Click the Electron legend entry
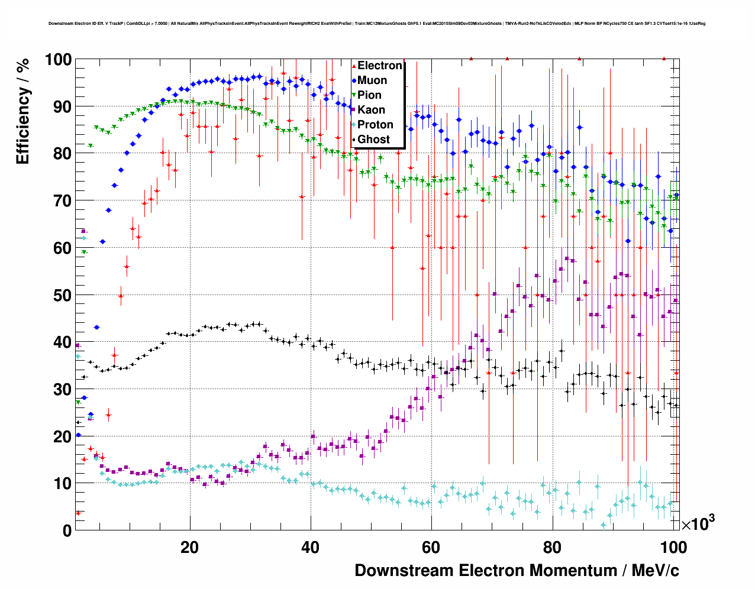[379, 66]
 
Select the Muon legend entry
[372, 80]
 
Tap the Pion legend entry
[369, 95]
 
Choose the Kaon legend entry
[371, 110]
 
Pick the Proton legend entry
[375, 125]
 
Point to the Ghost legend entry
[373, 140]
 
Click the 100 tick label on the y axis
[57, 60]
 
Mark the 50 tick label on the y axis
[62, 295]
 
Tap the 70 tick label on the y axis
[62, 201]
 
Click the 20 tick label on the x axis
[190, 548]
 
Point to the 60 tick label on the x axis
[431, 548]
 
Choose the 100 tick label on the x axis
[673, 548]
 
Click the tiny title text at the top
[377, 24]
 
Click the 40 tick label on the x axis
[311, 548]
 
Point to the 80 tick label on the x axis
[552, 548]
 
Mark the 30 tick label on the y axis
[62, 389]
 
